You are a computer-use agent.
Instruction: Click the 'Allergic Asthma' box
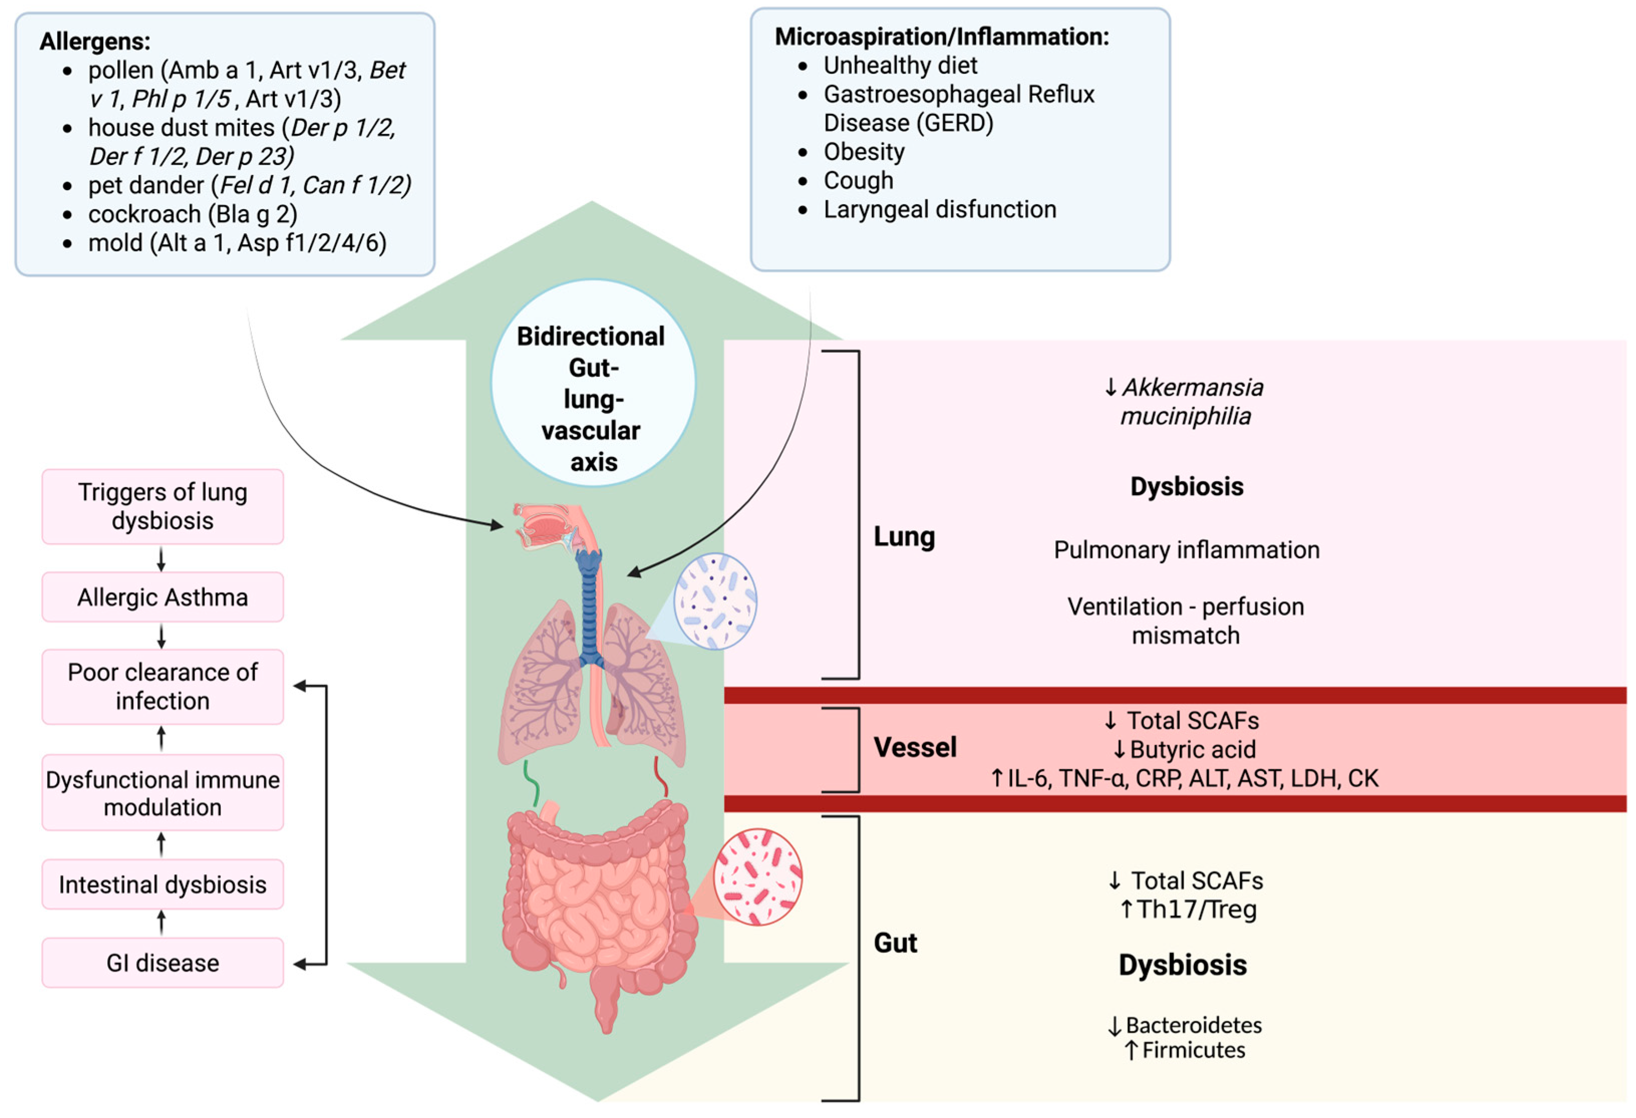(162, 597)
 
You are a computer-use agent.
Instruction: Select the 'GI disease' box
(162, 963)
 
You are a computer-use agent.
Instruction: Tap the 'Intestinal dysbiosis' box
(162, 884)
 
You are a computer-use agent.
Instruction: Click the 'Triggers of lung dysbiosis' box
(162, 506)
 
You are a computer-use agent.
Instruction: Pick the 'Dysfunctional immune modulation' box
(162, 793)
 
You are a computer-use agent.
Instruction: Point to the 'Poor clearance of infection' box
(162, 687)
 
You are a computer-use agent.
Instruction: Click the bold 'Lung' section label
(904, 537)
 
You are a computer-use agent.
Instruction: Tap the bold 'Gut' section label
(895, 942)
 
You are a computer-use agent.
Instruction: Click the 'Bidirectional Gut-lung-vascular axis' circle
(593, 384)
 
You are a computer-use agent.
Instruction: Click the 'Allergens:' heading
(94, 42)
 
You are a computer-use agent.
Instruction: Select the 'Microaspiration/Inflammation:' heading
(941, 37)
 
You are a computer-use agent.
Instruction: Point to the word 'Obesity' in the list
(864, 151)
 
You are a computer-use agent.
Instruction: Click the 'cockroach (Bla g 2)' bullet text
(192, 214)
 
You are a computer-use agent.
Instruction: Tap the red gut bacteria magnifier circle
(757, 877)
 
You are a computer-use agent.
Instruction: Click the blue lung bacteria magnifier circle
(715, 600)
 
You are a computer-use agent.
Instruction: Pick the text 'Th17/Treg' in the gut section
(1197, 910)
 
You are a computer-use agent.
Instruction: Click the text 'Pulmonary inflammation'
(1186, 550)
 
